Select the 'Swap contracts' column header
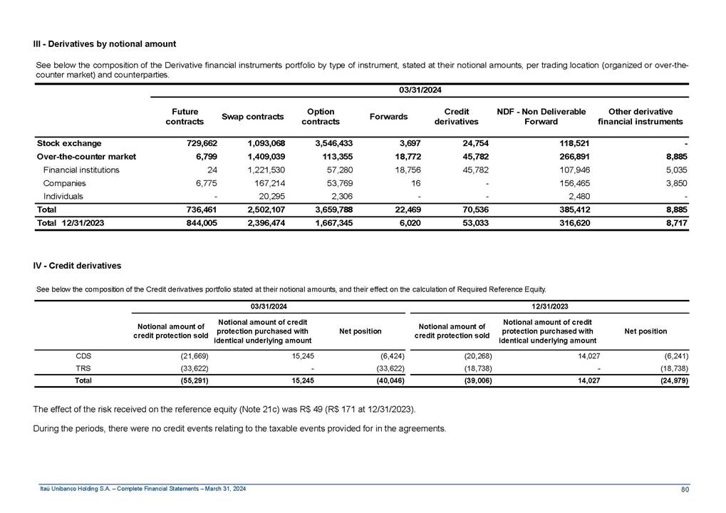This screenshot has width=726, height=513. point(253,117)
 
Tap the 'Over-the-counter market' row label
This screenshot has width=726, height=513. point(86,157)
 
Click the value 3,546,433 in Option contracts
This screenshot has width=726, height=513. point(329,144)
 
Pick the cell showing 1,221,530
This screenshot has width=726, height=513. point(261,170)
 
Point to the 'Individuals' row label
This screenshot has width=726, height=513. point(63,197)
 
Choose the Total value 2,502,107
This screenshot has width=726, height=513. point(261,211)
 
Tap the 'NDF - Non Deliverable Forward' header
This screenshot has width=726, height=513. point(541,117)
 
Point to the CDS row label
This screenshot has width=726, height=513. point(83,354)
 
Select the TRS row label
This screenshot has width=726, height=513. point(83,368)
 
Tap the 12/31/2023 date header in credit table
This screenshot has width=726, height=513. point(549,306)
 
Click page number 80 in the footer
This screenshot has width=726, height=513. point(683,489)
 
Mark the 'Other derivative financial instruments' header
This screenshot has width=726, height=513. point(640,117)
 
